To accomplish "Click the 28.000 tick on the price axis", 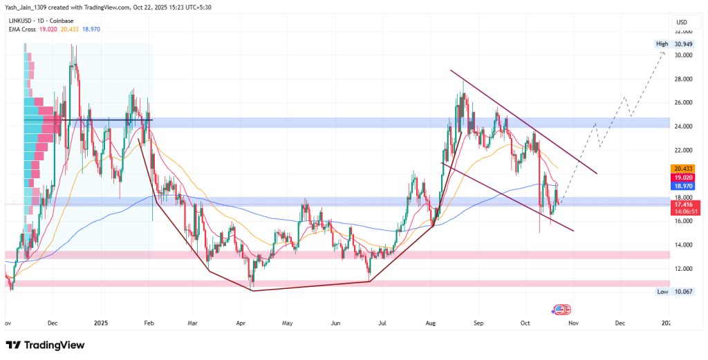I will tap(683, 79).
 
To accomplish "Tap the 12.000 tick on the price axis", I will tap(683, 268).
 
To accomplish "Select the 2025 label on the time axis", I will tap(102, 323).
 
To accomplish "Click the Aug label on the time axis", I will tap(431, 323).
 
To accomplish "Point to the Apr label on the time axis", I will tap(241, 323).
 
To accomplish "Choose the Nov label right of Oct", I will tap(572, 323).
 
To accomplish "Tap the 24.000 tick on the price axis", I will tap(683, 126).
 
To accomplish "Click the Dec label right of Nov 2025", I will tap(620, 323).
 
